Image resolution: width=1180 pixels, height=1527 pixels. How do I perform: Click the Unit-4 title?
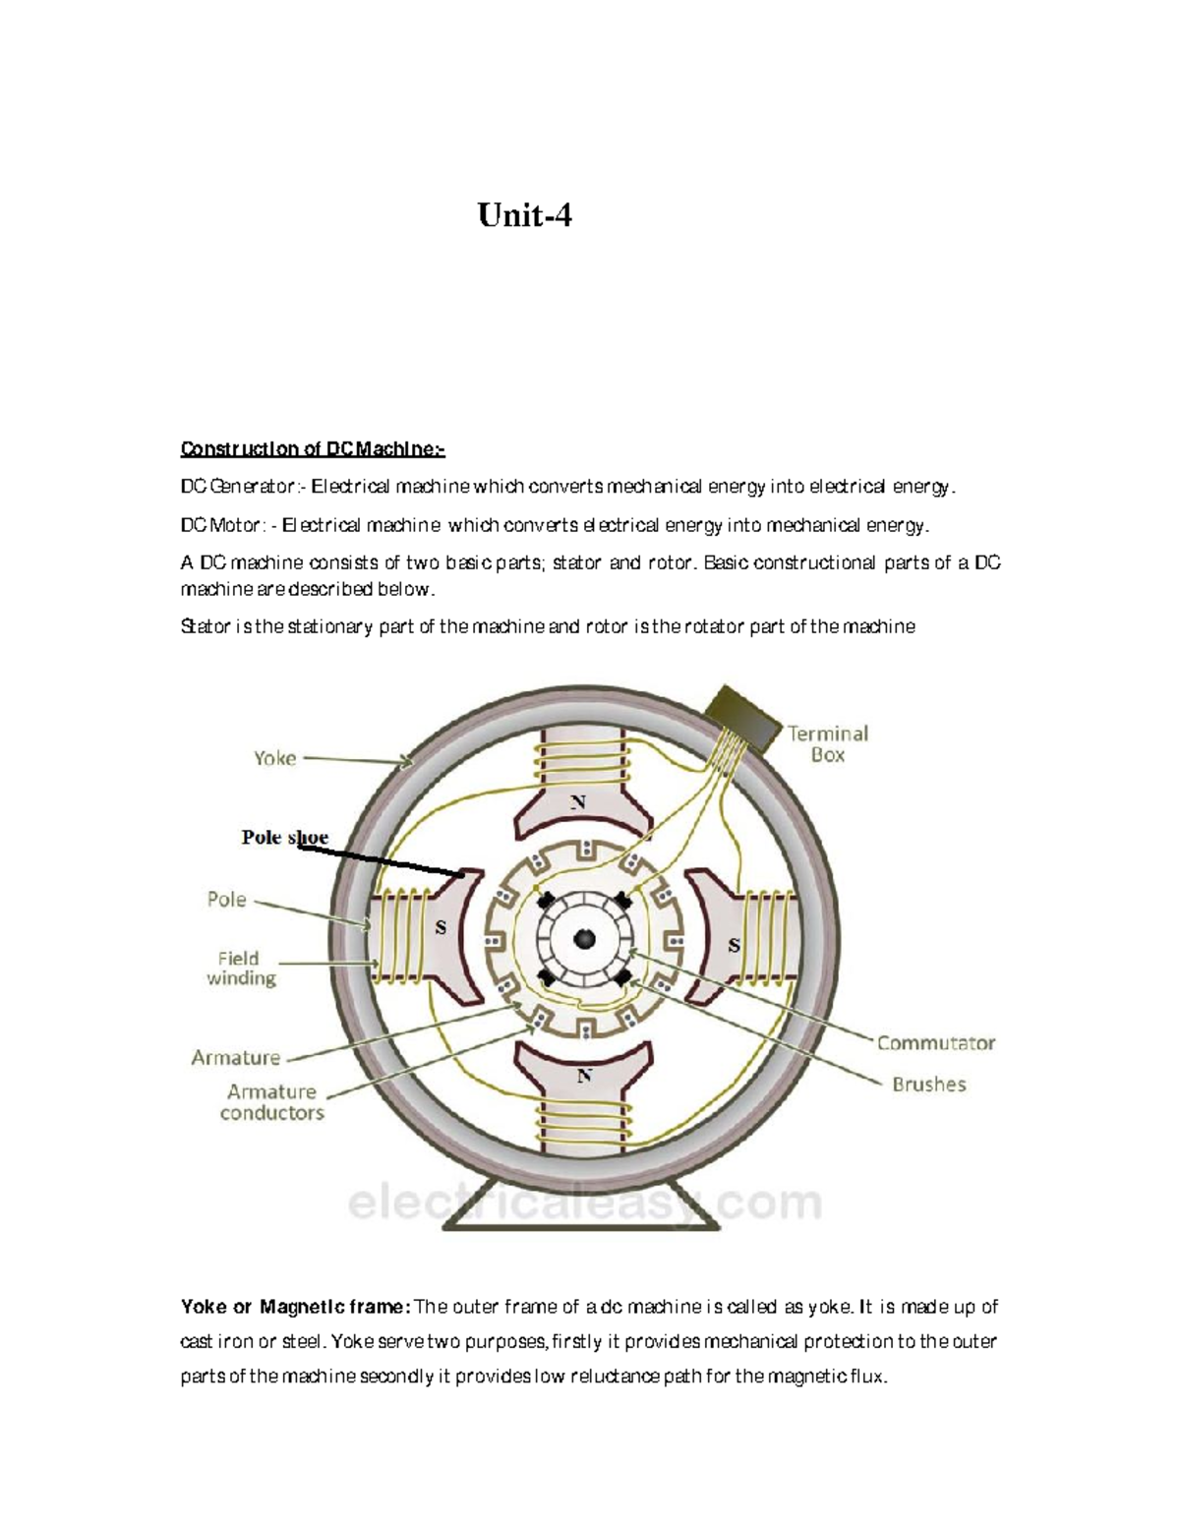click(524, 214)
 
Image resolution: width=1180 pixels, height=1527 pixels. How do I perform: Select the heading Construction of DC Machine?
click(312, 449)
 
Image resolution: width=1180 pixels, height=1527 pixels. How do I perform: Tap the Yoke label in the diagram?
click(274, 758)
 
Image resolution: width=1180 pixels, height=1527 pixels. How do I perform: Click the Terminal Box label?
click(827, 744)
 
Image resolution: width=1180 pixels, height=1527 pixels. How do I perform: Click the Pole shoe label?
click(284, 838)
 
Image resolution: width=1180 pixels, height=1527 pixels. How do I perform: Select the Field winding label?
click(240, 968)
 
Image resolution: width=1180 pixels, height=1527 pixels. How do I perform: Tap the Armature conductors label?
click(271, 1102)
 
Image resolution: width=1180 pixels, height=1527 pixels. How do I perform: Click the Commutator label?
click(935, 1043)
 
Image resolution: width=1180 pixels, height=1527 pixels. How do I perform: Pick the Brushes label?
click(928, 1085)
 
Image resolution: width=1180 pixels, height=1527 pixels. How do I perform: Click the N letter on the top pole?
click(578, 802)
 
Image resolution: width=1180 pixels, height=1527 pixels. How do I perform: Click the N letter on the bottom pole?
click(584, 1076)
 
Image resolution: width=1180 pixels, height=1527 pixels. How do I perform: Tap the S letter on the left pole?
click(441, 928)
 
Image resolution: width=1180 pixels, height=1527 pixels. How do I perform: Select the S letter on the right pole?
click(734, 946)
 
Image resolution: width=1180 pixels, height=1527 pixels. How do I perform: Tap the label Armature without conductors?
click(235, 1058)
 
